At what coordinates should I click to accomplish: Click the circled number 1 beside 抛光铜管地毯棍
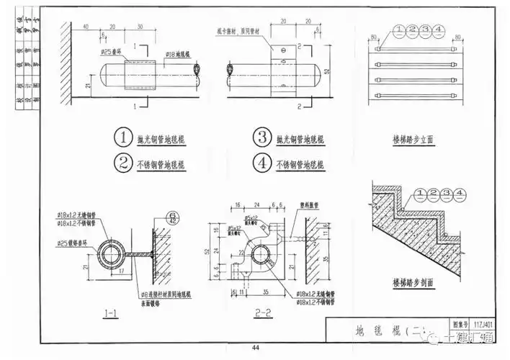point(123,138)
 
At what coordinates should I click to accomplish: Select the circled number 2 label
point(123,163)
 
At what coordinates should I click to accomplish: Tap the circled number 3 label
point(261,138)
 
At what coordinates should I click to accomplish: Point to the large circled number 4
point(261,164)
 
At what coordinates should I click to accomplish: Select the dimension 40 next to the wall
point(85,27)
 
